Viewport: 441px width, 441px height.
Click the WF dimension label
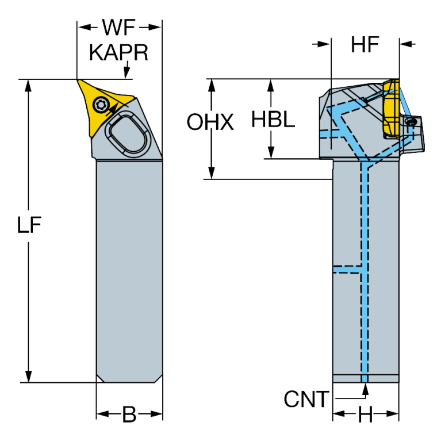[119, 26]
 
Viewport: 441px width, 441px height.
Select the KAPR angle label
[119, 52]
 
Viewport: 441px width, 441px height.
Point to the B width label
[130, 414]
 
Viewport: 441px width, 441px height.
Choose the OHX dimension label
[211, 122]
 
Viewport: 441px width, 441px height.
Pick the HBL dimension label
[274, 120]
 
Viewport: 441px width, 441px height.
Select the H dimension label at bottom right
[365, 414]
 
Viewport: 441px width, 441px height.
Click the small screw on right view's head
[412, 122]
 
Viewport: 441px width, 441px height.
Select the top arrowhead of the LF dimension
[26, 85]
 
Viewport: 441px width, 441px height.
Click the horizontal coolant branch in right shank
[347, 269]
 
